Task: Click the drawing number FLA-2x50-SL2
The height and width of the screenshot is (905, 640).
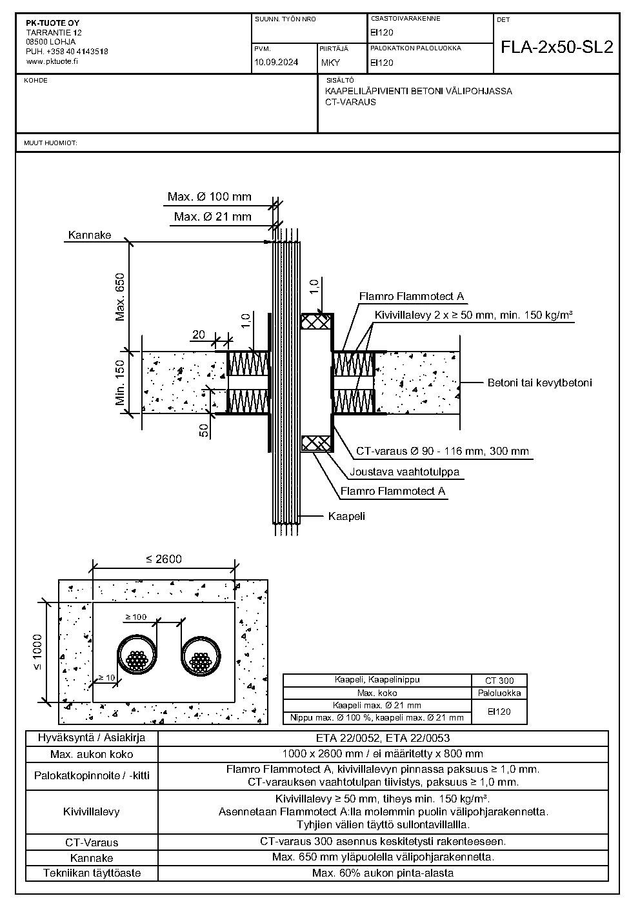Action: click(x=557, y=47)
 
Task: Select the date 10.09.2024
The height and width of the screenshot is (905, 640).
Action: click(x=276, y=62)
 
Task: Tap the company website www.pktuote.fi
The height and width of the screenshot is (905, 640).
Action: click(x=52, y=61)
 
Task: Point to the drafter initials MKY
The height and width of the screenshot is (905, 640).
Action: click(x=330, y=63)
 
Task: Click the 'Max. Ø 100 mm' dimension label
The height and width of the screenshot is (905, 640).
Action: click(x=209, y=197)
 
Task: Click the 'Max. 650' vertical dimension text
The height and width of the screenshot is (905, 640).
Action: click(x=120, y=297)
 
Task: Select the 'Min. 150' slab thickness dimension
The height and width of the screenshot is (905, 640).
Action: click(x=120, y=383)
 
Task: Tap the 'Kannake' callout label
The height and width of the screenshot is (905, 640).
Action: click(x=89, y=235)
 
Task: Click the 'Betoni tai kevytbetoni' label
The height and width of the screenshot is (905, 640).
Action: click(x=540, y=383)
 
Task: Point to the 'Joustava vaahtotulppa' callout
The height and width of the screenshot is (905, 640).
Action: click(x=405, y=472)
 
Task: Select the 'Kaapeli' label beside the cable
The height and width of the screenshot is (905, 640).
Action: click(x=346, y=516)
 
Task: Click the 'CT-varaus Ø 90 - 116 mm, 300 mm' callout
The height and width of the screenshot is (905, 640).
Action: click(x=443, y=451)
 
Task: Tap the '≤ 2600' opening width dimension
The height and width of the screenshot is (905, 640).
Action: click(x=164, y=559)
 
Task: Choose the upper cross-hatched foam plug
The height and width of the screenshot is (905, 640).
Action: click(x=317, y=322)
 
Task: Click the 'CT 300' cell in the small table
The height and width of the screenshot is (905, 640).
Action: click(x=499, y=681)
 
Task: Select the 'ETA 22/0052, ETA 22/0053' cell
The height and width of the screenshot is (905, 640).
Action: click(x=383, y=738)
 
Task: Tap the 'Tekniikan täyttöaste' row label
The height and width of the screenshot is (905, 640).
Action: click(x=92, y=873)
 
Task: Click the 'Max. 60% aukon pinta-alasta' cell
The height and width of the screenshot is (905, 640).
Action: click(x=383, y=873)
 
